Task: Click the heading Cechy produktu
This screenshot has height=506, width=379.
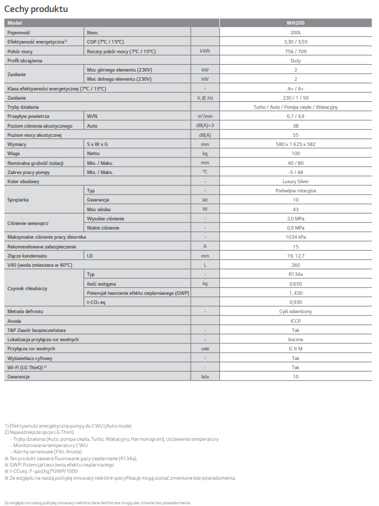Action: click(x=36, y=10)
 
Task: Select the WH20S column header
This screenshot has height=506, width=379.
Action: click(x=295, y=23)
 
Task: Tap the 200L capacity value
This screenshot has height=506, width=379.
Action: click(x=295, y=33)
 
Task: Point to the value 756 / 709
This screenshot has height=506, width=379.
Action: click(x=295, y=51)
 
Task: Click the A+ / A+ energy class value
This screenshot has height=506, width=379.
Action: click(x=295, y=89)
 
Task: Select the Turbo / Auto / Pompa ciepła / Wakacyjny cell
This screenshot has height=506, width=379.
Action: click(x=295, y=107)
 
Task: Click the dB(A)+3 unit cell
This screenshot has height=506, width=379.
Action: click(x=205, y=125)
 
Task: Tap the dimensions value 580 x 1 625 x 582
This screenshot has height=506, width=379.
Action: click(x=295, y=144)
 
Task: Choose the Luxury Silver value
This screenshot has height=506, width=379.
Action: click(x=295, y=181)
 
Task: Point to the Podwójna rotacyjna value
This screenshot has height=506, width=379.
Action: click(x=295, y=191)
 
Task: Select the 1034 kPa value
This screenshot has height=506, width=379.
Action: click(x=295, y=237)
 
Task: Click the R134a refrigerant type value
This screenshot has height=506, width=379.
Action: click(x=295, y=274)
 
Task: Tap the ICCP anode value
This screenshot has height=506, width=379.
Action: click(x=295, y=321)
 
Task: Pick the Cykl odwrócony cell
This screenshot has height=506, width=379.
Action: click(x=295, y=311)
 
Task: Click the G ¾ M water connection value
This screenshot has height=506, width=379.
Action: click(x=295, y=349)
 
